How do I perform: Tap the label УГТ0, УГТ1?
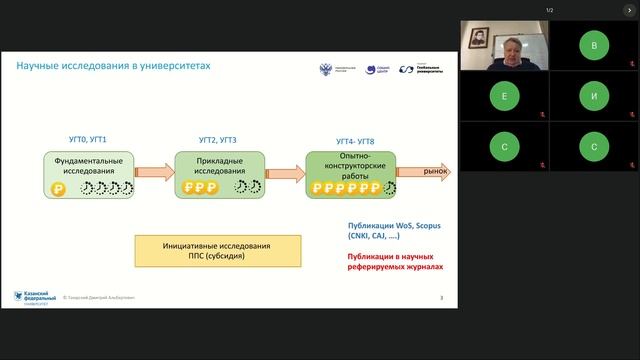pos(84,141)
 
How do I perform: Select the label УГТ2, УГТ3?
pos(218,141)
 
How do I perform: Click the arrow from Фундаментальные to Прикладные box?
pos(153,173)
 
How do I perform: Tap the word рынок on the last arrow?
pos(433,172)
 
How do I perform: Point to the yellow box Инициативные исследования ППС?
pos(217,250)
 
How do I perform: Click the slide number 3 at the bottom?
pos(441,297)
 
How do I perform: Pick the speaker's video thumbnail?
pos(502,45)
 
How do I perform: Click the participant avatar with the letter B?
pos(594,45)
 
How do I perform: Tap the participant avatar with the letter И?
pos(594,96)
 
